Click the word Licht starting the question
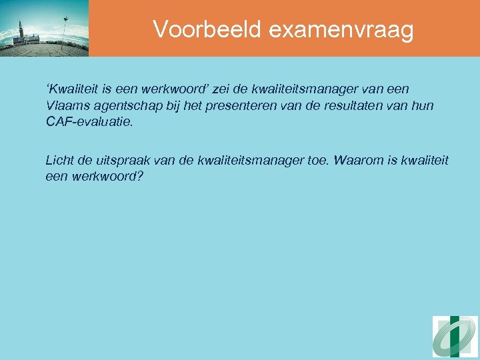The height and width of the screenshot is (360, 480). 60,160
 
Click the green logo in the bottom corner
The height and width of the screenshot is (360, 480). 455,337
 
